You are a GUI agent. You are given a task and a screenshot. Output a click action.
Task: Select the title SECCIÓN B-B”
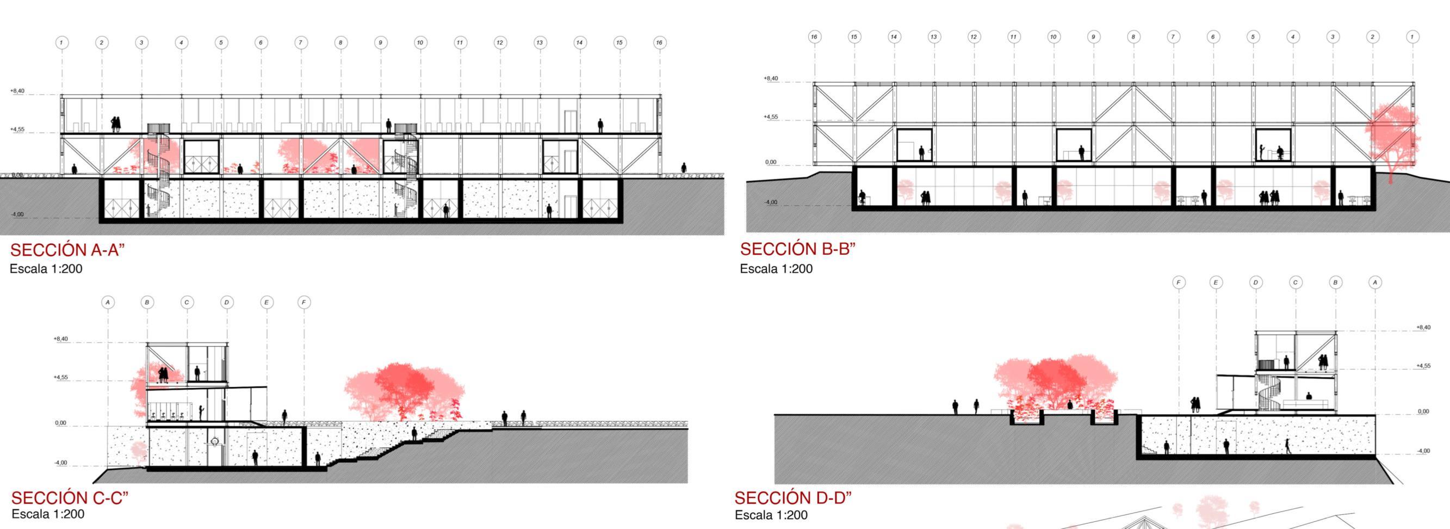pyautogui.click(x=797, y=249)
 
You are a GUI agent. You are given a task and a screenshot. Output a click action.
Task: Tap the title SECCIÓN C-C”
pyautogui.click(x=70, y=498)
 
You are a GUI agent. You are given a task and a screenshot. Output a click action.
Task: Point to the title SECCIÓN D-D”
pyautogui.click(x=793, y=498)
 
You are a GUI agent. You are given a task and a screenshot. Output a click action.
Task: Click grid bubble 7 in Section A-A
pyautogui.click(x=301, y=42)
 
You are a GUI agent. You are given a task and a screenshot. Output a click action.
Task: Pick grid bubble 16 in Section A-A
pyautogui.click(x=659, y=42)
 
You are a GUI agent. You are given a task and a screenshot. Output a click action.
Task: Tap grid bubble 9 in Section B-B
pyautogui.click(x=1093, y=36)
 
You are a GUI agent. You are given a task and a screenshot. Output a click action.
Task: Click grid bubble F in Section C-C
pyautogui.click(x=304, y=303)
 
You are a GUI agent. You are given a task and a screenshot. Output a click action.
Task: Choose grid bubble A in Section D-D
pyautogui.click(x=1375, y=282)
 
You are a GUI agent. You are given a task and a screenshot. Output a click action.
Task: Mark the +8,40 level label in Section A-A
pyautogui.click(x=17, y=91)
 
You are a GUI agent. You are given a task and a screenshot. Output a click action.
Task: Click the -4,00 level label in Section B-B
pyautogui.click(x=771, y=202)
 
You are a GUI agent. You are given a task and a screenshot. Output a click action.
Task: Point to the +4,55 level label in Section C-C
pyautogui.click(x=61, y=377)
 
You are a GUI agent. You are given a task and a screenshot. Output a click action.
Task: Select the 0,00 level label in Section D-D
pyautogui.click(x=1423, y=411)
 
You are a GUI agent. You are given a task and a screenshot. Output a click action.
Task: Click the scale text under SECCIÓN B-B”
pyautogui.click(x=776, y=269)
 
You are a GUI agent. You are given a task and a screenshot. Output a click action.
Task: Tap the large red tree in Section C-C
pyautogui.click(x=405, y=389)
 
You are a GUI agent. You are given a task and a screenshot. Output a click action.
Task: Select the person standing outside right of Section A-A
pyautogui.click(x=684, y=168)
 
